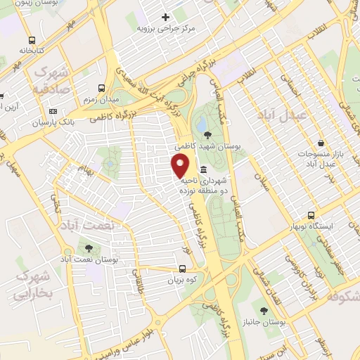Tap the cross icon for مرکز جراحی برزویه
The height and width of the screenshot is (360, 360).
[166, 17]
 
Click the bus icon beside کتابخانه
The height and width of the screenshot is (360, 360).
[32, 40]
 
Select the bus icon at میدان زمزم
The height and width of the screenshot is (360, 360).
[103, 89]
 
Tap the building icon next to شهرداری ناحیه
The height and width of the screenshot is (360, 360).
[203, 169]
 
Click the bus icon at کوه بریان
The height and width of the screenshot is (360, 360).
[183, 268]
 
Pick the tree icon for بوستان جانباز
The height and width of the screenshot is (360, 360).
[264, 310]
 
